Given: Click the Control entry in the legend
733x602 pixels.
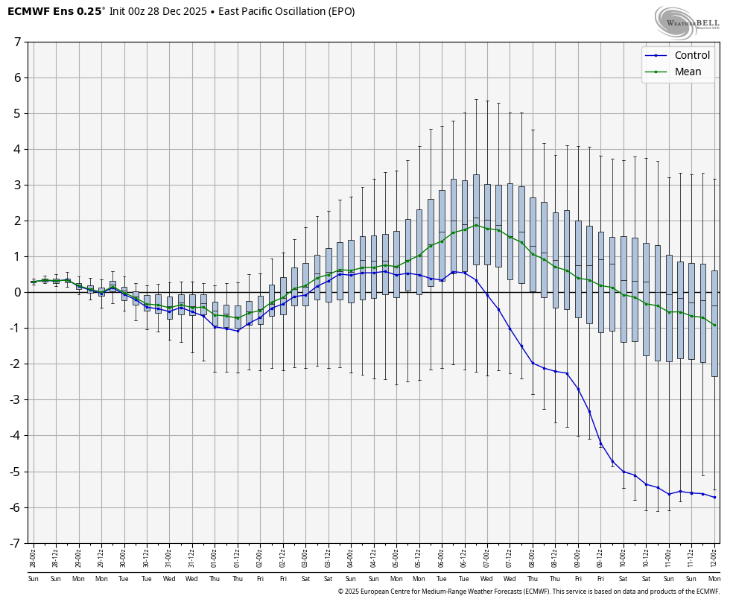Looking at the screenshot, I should [x=691, y=55].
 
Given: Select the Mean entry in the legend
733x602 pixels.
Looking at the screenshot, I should [x=688, y=72].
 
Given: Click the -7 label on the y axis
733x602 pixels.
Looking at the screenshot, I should [x=15, y=543].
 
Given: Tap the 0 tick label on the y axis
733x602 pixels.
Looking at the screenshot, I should [x=17, y=292].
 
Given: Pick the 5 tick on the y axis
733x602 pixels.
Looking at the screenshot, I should [x=17, y=113].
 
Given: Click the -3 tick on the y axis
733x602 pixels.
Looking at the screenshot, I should [x=15, y=400].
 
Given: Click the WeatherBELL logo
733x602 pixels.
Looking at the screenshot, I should [x=687, y=22].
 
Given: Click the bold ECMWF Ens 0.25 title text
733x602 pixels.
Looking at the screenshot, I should [x=54, y=11].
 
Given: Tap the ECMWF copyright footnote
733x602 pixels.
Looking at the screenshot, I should [x=528, y=592].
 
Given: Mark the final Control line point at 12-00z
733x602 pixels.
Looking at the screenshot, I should [x=714, y=497].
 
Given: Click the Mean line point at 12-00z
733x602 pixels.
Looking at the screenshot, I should [x=714, y=325].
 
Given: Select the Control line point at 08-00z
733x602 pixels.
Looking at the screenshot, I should [x=533, y=363].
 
